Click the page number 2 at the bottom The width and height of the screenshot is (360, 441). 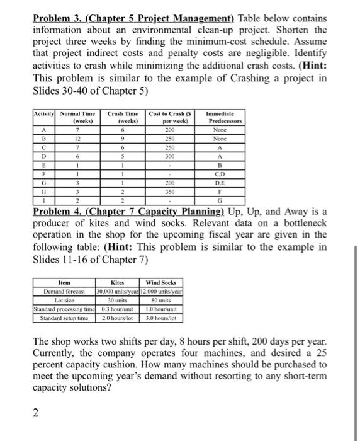[x=36, y=413]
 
